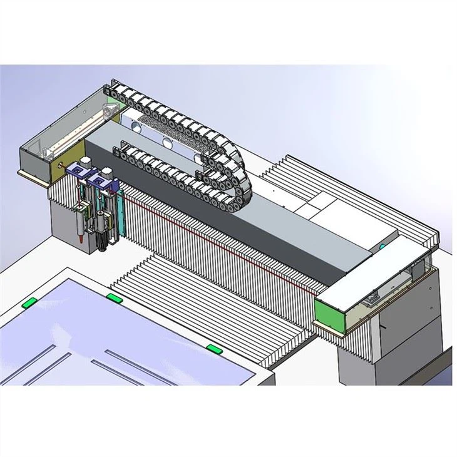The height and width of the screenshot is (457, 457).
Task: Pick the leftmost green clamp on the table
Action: [29, 303]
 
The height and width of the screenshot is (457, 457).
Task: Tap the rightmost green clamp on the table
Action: [214, 348]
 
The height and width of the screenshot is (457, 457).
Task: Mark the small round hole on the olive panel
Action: [60, 165]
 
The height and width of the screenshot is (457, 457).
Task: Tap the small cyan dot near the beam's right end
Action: [383, 249]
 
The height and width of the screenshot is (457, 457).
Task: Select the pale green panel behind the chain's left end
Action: [111, 93]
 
